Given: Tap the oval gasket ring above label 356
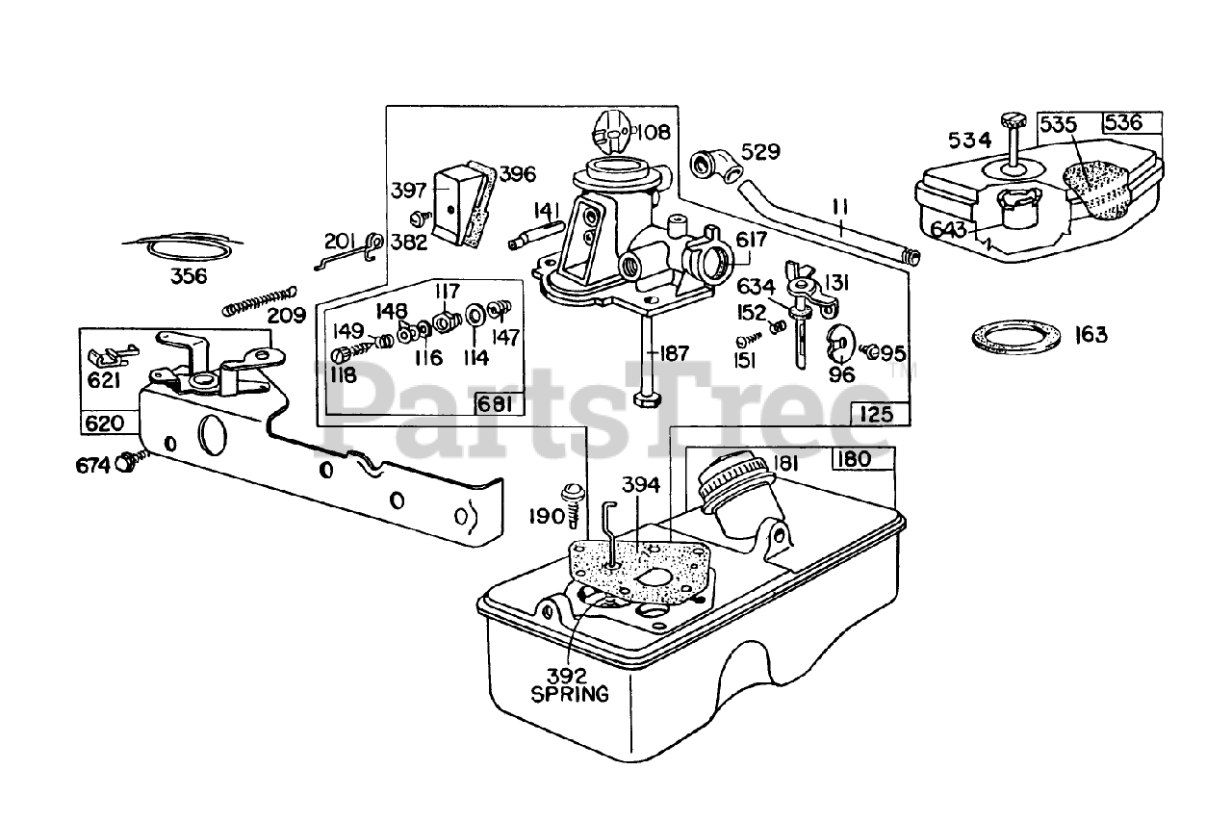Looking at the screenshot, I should pyautogui.click(x=192, y=247).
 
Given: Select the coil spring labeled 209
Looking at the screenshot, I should pyautogui.click(x=257, y=298).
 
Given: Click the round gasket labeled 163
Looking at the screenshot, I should pyautogui.click(x=1014, y=336).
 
